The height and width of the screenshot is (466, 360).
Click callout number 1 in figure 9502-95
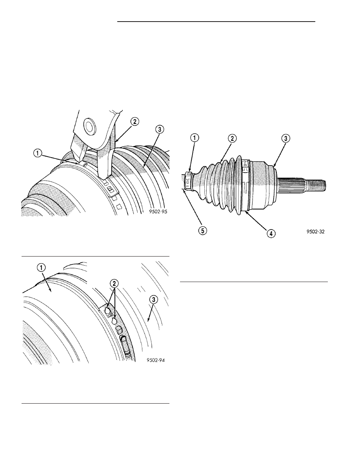pos(37,153)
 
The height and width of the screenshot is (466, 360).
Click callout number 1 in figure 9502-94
pos(41,268)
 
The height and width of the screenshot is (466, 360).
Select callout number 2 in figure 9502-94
pos(114,284)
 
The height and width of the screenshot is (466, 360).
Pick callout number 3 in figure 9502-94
pos(153,300)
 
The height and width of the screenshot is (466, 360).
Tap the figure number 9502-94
pos(156,360)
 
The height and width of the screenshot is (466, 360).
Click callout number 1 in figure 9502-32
pos(195,138)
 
